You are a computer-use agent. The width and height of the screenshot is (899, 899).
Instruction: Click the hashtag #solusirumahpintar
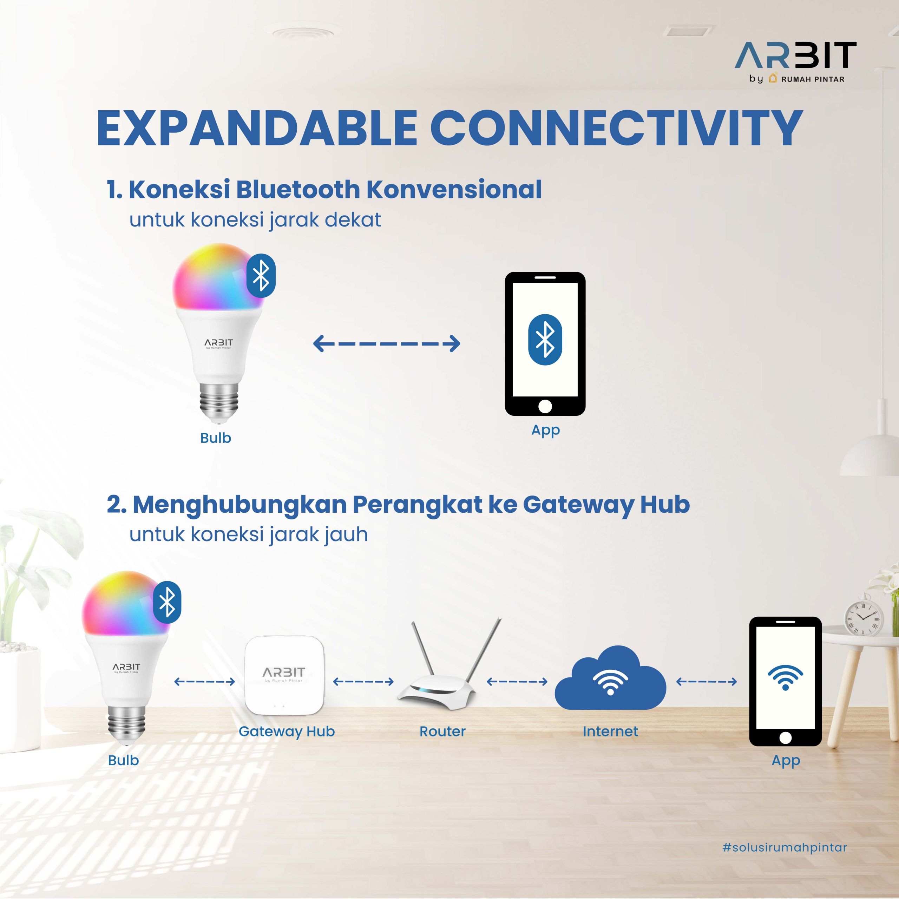pos(785,847)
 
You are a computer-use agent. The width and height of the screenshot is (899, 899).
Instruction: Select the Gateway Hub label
pos(287,731)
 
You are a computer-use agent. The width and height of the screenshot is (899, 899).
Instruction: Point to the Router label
pos(442,731)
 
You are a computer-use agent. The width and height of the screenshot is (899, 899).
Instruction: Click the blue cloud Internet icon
pos(610,678)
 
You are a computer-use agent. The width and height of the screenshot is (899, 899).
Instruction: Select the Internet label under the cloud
pos(610,731)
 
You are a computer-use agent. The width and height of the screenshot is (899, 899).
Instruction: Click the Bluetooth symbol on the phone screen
pos(545,339)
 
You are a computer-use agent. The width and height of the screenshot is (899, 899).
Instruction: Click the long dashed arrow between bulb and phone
pos(387,344)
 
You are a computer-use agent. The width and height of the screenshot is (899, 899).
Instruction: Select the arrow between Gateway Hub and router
pos(363,682)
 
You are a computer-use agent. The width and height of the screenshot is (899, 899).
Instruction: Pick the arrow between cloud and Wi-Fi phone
pos(706,682)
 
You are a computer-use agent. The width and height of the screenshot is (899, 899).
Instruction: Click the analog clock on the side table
pos(863,617)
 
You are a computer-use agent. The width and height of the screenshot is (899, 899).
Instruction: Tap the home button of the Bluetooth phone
pos(545,406)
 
